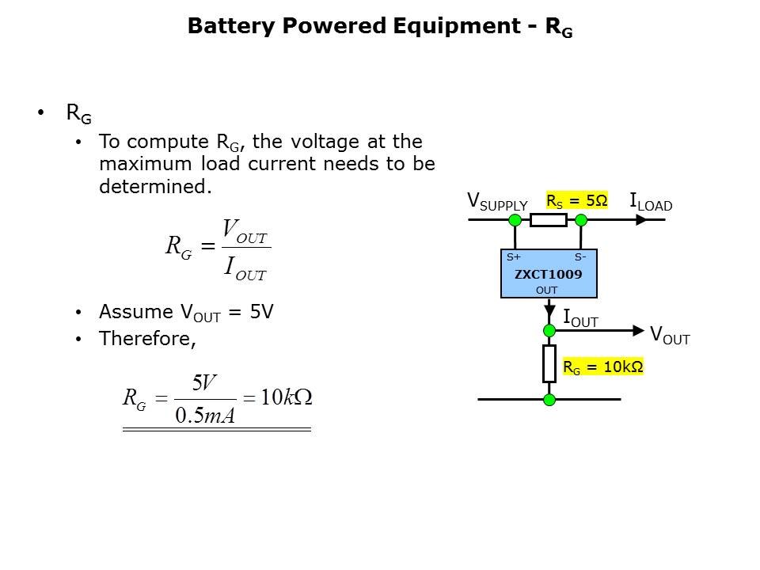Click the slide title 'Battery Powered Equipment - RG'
coord(380,27)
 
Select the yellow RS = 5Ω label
coord(577,201)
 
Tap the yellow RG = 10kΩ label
coord(602,367)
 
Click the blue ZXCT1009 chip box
coord(549,274)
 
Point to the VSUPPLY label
coord(497,202)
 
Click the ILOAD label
coord(651,203)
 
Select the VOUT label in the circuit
coord(670,336)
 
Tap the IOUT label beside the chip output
coord(580,319)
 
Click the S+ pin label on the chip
coord(514,256)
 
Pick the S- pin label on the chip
coord(580,256)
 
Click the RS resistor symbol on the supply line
coord(548,219)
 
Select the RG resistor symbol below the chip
coord(549,363)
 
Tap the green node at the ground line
coord(549,400)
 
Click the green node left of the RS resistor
coord(515,219)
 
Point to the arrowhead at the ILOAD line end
coord(642,219)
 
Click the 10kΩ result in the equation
coord(287,398)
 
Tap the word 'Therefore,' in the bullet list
coord(147,339)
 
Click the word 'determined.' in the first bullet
coord(156,187)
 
